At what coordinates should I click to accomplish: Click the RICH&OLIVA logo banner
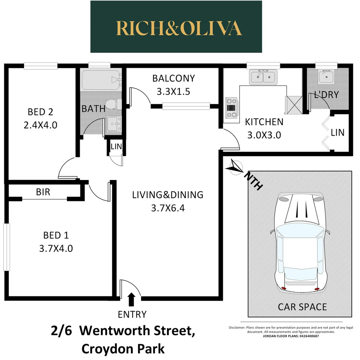click(176, 27)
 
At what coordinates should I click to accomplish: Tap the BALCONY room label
click(173, 79)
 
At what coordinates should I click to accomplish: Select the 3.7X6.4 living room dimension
click(168, 208)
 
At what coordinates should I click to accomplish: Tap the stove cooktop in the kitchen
click(231, 107)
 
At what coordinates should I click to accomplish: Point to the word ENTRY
click(132, 314)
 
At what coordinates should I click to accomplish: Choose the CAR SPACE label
click(302, 307)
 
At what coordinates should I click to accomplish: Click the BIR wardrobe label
click(43, 192)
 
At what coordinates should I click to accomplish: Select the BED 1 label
click(56, 235)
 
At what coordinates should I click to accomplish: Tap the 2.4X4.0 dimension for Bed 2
click(40, 125)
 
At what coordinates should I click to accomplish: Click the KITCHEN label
click(264, 122)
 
